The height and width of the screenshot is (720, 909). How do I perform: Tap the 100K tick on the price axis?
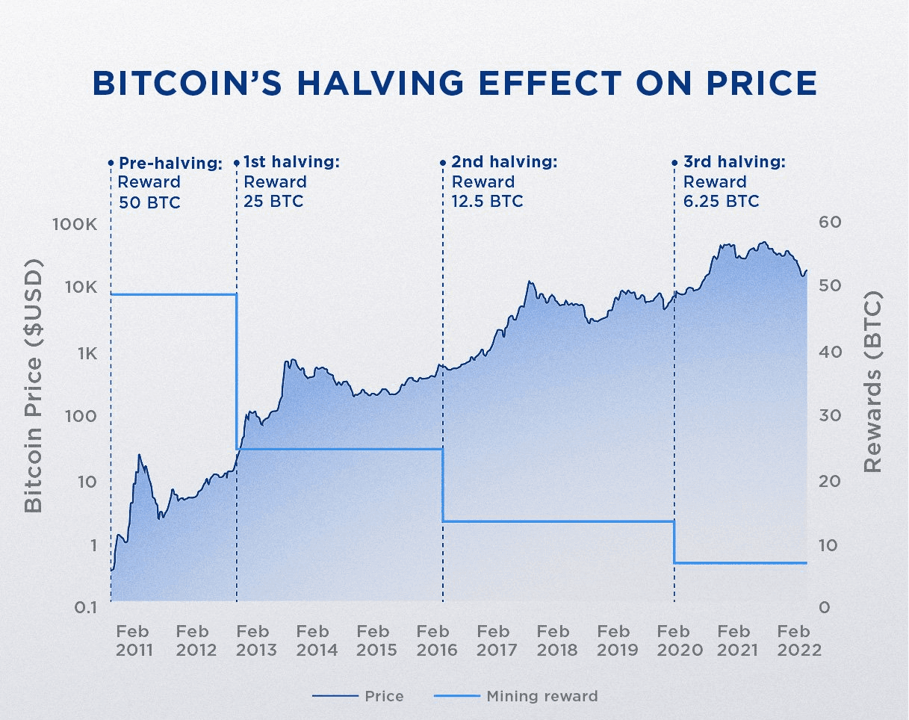[72, 224]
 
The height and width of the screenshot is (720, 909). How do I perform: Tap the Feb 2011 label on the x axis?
[134, 641]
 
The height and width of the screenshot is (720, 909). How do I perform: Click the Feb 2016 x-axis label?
[437, 641]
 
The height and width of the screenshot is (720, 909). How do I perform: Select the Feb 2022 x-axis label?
[799, 641]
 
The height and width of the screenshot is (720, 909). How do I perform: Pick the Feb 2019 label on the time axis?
[618, 641]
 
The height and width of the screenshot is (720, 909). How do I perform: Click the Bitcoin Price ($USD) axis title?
[33, 386]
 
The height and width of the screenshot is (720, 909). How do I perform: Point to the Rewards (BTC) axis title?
[872, 382]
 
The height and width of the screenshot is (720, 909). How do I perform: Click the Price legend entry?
[358, 696]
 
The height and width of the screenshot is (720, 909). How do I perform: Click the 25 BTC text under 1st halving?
[273, 202]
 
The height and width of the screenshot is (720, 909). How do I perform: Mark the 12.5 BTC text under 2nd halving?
[487, 202]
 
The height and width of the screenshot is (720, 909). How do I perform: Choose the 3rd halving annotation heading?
[734, 162]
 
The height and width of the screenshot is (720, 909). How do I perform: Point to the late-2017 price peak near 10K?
[529, 282]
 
